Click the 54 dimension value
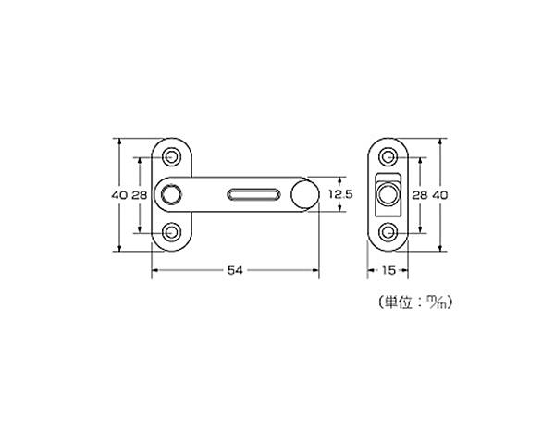pyautogui.click(x=235, y=270)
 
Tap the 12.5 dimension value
pyautogui.click(x=340, y=194)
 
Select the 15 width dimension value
pyautogui.click(x=388, y=270)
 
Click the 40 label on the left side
pyautogui.click(x=119, y=195)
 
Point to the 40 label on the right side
pyautogui.click(x=440, y=195)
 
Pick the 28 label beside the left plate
pyautogui.click(x=140, y=195)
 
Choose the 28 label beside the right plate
pyautogui.click(x=420, y=195)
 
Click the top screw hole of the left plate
pyautogui.click(x=172, y=156)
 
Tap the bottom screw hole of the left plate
pyautogui.click(x=172, y=232)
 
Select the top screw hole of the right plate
pyautogui.click(x=388, y=156)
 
